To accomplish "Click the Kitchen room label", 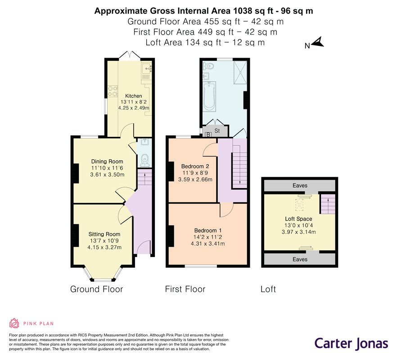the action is point(133,96).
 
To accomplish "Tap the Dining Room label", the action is point(107,162).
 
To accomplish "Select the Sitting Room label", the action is point(104,234).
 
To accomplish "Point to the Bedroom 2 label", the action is point(195,166).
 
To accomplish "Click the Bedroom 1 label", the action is point(208,231).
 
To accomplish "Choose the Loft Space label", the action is point(298,219).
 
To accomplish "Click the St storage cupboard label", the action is point(217,131).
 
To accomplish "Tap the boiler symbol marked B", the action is point(208,135).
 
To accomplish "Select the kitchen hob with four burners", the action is point(113,91).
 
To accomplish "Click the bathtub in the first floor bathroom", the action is point(209,96).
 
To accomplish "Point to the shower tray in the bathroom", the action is point(240,72).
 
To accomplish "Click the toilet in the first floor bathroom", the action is point(208,66).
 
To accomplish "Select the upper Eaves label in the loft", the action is point(300,185).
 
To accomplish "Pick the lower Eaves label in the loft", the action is point(300,260).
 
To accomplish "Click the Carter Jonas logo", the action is point(351,344).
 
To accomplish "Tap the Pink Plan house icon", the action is point(14,323).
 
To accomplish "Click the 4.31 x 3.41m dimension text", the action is point(208,244).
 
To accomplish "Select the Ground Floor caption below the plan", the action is point(96,289).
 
